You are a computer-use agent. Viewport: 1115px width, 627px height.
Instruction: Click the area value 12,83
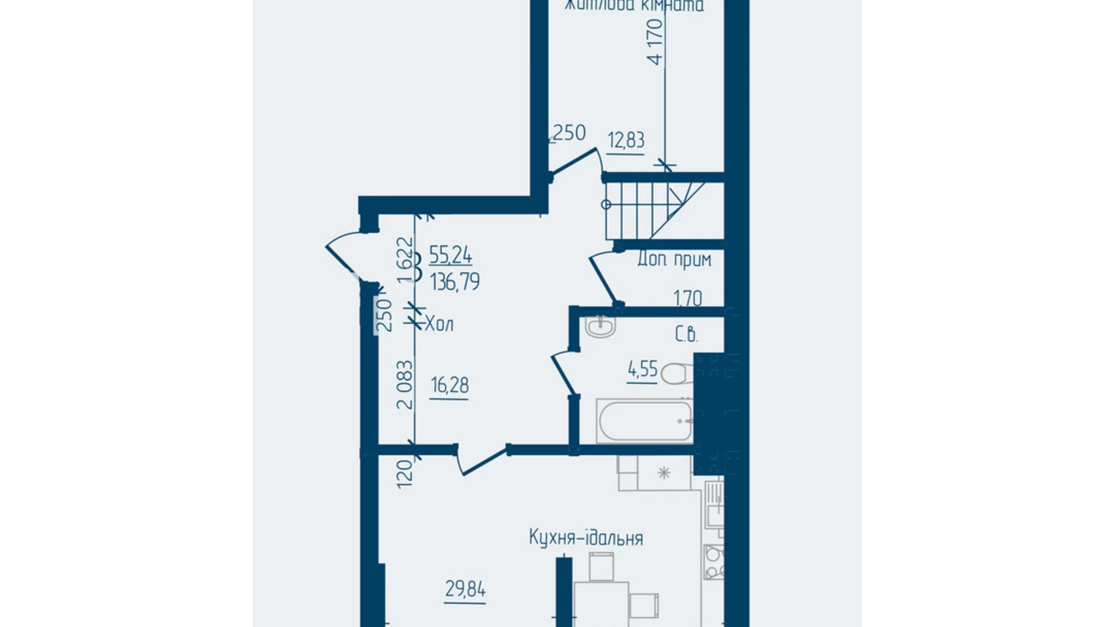626,140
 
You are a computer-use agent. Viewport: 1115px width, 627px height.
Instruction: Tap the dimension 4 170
655,41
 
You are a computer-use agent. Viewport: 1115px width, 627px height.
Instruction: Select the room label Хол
439,324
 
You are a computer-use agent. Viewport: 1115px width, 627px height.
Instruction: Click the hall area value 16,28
450,385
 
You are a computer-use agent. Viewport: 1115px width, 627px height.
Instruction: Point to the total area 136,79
455,282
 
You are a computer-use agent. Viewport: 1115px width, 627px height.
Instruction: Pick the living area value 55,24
451,255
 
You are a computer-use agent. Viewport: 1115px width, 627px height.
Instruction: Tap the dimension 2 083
406,385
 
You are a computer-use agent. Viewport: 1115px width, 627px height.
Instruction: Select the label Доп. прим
674,260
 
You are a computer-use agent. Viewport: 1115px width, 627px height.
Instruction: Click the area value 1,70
688,298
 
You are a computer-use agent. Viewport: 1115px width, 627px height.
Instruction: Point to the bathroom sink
600,327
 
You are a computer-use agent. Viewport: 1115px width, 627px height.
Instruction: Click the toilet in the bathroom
676,373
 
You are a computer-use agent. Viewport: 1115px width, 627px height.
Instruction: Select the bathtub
644,420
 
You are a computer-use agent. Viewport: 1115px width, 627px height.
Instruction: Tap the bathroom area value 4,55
642,369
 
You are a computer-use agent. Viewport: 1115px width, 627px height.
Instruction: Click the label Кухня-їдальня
586,538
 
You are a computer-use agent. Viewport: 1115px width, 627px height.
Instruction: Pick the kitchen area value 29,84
465,589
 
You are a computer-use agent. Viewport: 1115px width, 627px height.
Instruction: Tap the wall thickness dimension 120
405,473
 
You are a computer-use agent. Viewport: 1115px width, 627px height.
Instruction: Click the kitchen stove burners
714,562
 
